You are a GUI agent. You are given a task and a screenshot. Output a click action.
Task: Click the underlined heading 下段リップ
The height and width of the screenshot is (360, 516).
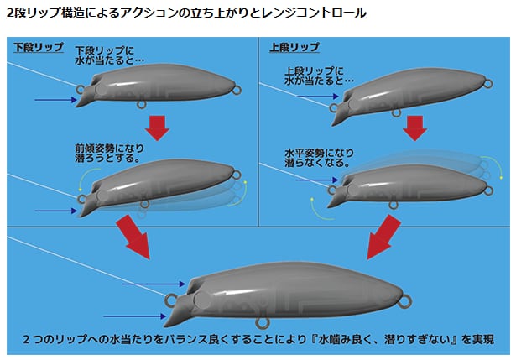click(x=38, y=48)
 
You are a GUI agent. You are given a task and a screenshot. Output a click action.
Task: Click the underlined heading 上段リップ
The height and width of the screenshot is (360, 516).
click(x=294, y=48)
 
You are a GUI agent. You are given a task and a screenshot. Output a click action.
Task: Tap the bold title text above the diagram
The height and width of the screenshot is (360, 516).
click(x=185, y=14)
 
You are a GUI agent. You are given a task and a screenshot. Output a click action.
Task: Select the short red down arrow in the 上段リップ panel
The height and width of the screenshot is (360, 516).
click(x=414, y=127)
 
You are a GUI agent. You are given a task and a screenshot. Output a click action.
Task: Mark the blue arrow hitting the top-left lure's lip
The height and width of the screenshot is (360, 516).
click(x=55, y=100)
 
